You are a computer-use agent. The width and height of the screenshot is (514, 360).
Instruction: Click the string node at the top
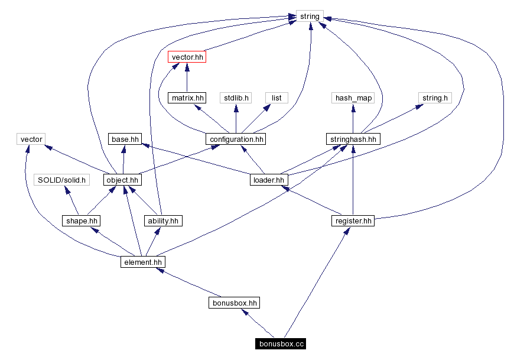[310, 17]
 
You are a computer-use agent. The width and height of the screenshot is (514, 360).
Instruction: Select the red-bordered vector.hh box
[187, 57]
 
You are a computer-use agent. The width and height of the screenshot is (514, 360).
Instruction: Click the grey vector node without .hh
[31, 140]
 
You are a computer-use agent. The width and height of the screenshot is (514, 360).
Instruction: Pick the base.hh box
[124, 140]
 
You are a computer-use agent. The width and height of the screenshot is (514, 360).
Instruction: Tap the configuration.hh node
[236, 140]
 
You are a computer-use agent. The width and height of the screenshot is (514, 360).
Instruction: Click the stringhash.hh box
[353, 140]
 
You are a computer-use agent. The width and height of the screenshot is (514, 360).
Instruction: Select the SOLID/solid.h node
[61, 180]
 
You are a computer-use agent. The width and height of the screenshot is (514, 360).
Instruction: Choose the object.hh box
[122, 180]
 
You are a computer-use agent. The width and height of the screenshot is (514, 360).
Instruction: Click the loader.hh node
[268, 180]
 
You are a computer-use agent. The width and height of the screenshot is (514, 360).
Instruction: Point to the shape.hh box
[81, 221]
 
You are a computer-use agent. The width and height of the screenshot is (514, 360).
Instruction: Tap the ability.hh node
[162, 221]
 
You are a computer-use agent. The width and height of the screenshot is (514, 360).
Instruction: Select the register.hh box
[353, 221]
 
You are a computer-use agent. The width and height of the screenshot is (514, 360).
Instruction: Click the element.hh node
[142, 262]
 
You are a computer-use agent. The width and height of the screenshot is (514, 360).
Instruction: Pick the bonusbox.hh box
[235, 303]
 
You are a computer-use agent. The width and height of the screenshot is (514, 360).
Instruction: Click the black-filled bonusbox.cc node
[281, 343]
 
